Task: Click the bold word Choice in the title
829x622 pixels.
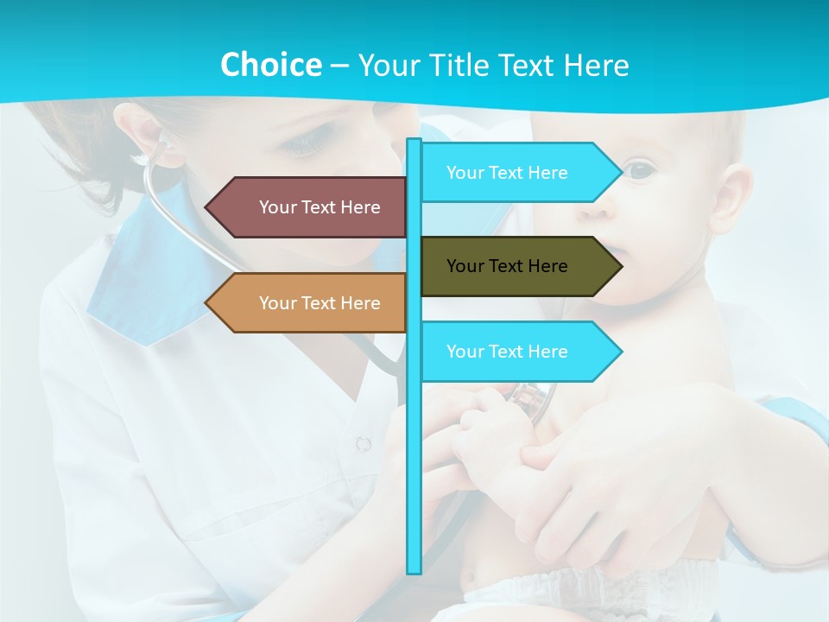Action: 270,65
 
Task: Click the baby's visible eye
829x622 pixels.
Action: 640,169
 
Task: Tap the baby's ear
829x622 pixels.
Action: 731,199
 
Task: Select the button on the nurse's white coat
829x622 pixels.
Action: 364,443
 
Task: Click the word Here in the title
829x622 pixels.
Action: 596,65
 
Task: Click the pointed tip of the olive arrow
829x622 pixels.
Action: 620,266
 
